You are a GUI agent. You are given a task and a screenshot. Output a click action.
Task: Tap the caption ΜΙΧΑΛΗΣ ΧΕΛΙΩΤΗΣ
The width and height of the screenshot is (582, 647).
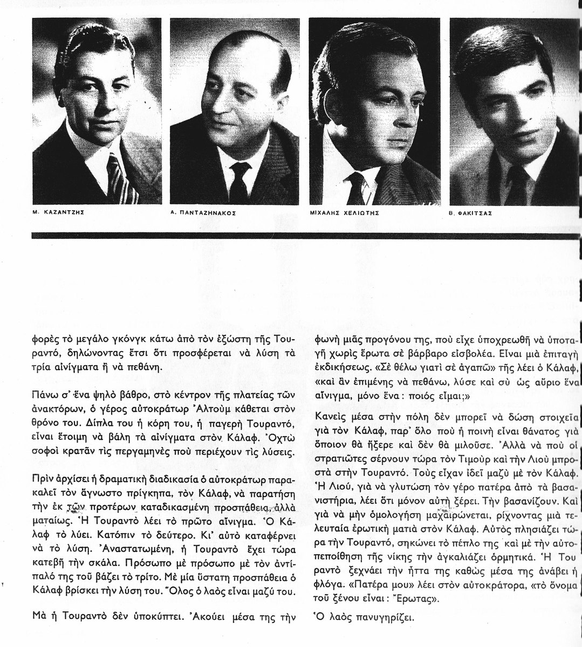[349, 213]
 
